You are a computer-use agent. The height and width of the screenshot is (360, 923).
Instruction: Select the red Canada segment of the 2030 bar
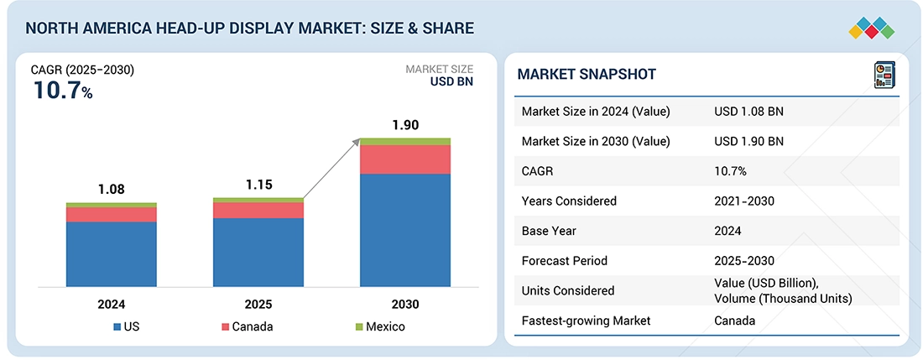[x=405, y=159]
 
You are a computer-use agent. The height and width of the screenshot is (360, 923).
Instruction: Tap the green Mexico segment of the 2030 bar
[x=405, y=141]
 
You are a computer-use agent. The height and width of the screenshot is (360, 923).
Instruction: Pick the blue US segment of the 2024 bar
[x=112, y=253]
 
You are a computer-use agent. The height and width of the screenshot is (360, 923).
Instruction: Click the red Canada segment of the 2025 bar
[x=258, y=210]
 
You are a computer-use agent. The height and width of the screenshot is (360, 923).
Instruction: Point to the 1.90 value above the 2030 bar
[x=405, y=125]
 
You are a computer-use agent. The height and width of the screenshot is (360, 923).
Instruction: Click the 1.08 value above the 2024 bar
[x=112, y=190]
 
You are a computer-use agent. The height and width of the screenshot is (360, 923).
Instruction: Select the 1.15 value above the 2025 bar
[x=258, y=185]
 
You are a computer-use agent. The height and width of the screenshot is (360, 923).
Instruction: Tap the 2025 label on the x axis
[x=258, y=304]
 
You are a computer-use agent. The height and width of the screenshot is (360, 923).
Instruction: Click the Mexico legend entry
[x=380, y=326]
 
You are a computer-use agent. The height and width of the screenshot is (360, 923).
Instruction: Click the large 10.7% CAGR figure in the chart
[x=63, y=91]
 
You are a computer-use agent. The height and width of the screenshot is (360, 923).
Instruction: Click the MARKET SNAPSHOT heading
[x=587, y=75]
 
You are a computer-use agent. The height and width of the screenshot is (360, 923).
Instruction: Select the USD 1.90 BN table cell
[x=748, y=141]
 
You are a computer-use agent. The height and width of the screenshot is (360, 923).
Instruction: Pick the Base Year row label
[x=550, y=231]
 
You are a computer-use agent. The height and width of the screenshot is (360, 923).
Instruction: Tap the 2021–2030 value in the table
[x=744, y=201]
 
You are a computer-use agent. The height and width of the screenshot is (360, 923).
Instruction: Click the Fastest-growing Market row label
[x=586, y=321]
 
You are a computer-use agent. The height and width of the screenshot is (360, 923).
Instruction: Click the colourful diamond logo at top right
[x=871, y=27]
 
